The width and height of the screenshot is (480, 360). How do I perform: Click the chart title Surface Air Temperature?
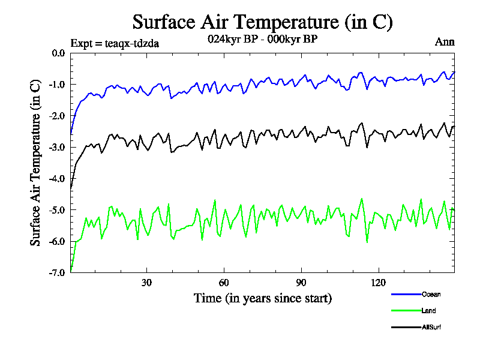click(262, 22)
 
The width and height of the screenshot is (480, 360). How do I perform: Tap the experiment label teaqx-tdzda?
click(115, 43)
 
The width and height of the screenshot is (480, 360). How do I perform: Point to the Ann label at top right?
click(445, 42)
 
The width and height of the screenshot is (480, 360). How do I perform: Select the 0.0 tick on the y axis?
click(58, 53)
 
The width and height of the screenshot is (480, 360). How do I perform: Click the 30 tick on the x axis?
click(146, 283)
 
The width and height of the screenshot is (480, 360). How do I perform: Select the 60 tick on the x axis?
click(224, 283)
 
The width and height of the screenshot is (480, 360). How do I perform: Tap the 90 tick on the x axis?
click(301, 283)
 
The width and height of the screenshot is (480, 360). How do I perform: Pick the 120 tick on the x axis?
click(379, 283)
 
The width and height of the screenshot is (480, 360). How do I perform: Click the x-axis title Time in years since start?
click(262, 298)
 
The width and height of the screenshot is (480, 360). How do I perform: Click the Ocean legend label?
click(431, 294)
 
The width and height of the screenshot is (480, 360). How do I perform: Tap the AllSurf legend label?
click(432, 327)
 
